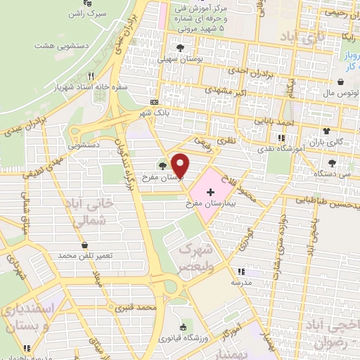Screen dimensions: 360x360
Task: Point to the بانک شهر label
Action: point(156,112)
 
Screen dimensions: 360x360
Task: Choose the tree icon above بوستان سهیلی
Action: point(181,48)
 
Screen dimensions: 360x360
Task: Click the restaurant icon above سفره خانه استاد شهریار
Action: point(89,75)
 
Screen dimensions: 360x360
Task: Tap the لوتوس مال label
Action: point(335,91)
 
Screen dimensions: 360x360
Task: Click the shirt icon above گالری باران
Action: point(326,131)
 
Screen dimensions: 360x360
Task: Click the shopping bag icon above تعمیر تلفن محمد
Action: point(85,244)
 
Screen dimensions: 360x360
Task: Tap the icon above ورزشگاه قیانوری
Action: point(183,326)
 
